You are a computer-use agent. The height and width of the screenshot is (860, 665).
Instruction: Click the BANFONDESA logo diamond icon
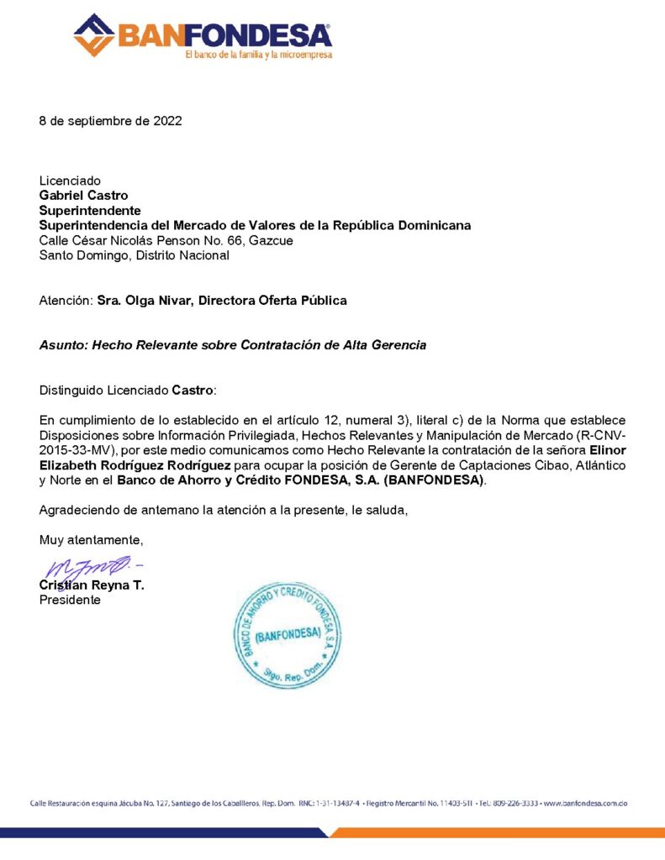tap(94, 35)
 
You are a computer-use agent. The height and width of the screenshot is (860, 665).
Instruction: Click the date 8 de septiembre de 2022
tap(110, 121)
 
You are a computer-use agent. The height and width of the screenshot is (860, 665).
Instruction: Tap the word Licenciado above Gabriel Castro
tap(70, 181)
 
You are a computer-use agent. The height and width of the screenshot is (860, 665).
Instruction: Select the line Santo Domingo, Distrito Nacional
tap(134, 255)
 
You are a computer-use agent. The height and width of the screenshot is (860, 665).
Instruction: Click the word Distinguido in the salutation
tap(73, 391)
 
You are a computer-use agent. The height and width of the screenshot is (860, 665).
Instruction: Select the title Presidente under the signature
tap(70, 600)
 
